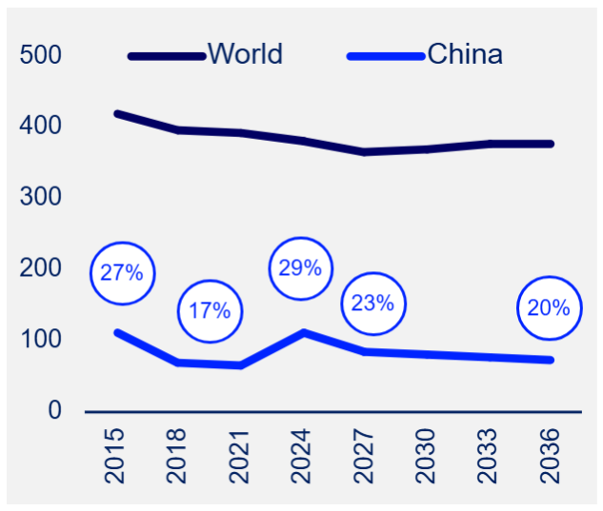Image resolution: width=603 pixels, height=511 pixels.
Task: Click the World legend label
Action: point(245,54)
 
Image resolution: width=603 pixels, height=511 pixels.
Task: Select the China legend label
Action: point(464,54)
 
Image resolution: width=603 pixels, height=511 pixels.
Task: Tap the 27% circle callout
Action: point(122,273)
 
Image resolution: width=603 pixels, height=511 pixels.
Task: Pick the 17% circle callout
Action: point(210,310)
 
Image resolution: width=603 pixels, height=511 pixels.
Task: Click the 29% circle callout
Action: point(300,268)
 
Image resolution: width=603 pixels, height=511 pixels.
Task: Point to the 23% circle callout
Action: point(372,304)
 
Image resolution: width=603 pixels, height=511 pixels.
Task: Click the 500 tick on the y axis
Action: point(41,55)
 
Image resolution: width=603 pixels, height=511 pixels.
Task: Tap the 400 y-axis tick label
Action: point(41,126)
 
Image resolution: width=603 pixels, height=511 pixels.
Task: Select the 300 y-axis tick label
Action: point(41,197)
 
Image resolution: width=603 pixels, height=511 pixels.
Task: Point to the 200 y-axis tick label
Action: point(41,268)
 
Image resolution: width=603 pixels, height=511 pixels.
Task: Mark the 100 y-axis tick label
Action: point(41,340)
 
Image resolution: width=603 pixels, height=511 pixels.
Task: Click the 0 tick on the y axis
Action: point(54,411)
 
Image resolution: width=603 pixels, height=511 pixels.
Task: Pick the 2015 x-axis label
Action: point(117,456)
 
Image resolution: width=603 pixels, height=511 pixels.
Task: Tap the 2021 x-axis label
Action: point(241,456)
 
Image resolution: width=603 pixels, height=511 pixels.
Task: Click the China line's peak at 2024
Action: point(304,332)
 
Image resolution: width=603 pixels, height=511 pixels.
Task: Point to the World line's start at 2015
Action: point(117,113)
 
